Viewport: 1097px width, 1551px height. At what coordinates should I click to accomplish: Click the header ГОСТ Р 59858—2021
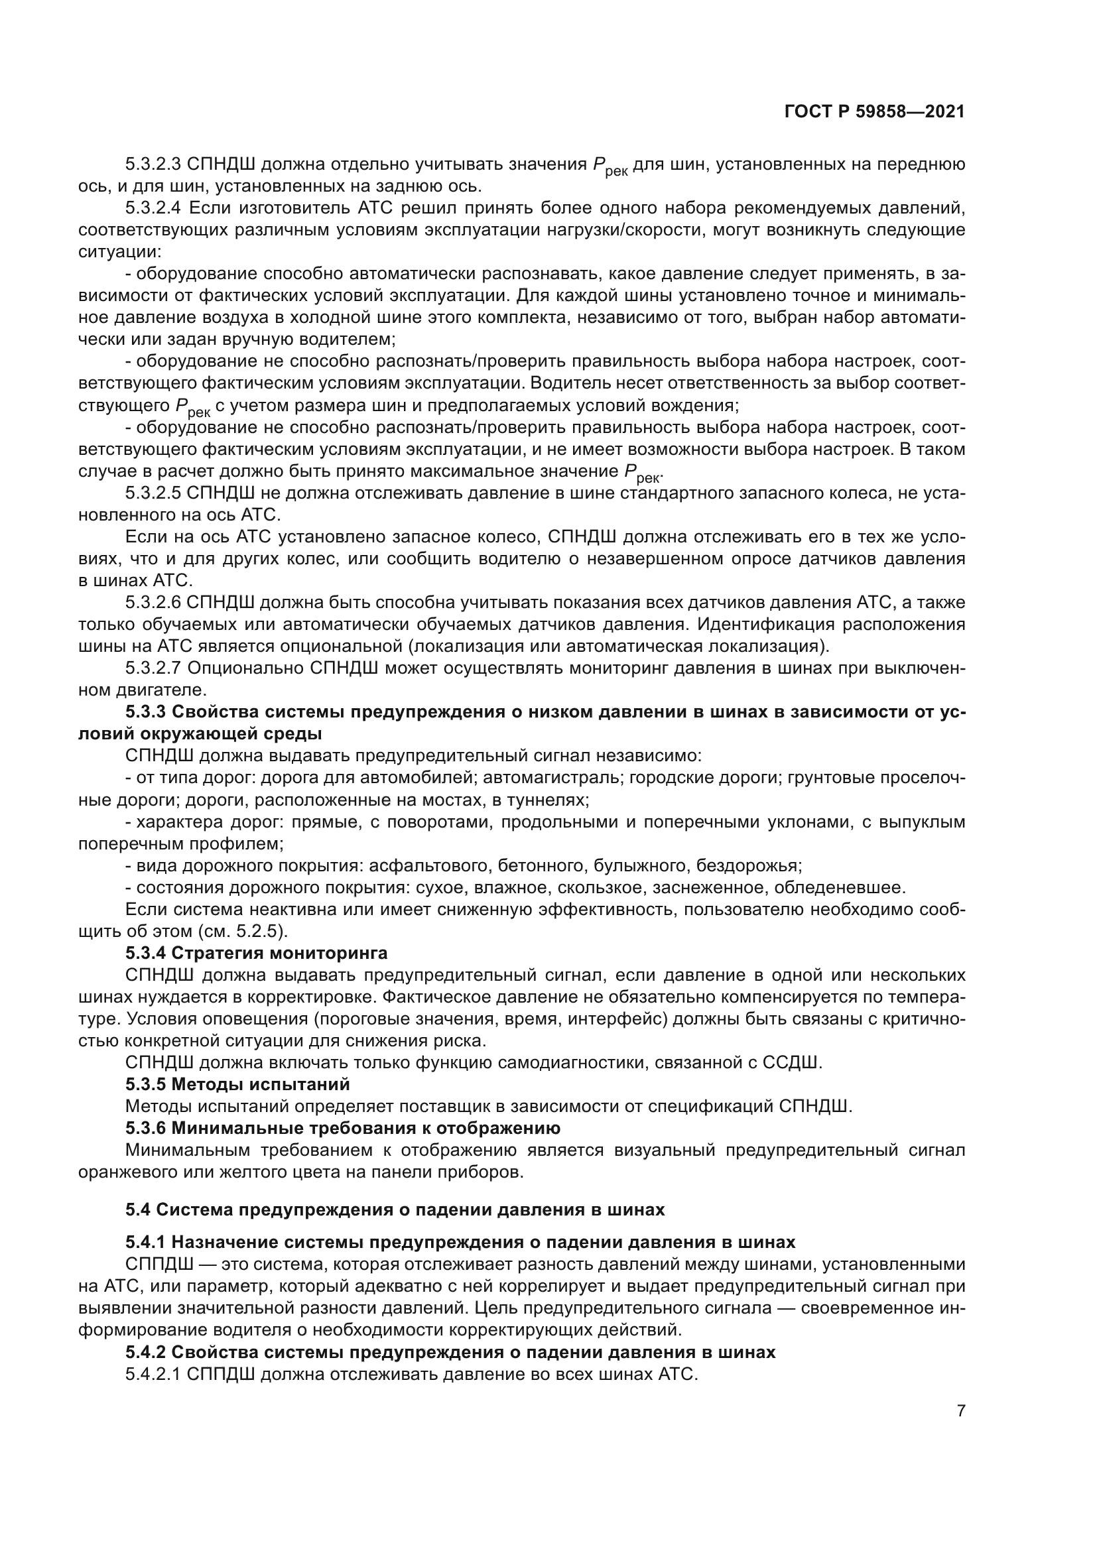point(874,112)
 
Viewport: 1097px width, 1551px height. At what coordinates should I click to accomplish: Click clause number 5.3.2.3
point(153,164)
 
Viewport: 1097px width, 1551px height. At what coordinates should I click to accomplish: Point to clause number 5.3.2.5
point(153,493)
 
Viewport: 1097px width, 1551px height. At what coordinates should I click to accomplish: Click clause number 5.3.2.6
point(153,603)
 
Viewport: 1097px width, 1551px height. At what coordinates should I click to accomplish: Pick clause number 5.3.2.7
point(153,668)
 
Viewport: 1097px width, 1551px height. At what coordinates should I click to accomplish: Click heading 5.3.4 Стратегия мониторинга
point(257,953)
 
